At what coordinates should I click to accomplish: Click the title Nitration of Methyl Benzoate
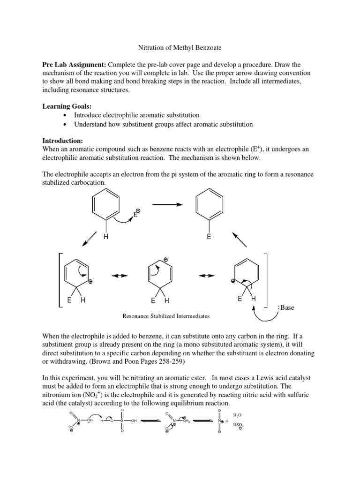(x=180, y=47)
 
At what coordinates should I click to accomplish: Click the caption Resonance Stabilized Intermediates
(x=166, y=316)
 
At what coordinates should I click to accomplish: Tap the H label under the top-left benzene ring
(x=106, y=238)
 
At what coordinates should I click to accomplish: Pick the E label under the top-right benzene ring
(x=209, y=238)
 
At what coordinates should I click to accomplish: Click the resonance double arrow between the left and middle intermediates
(x=120, y=276)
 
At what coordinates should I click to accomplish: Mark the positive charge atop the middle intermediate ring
(x=165, y=259)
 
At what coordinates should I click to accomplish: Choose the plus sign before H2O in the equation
(x=227, y=421)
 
